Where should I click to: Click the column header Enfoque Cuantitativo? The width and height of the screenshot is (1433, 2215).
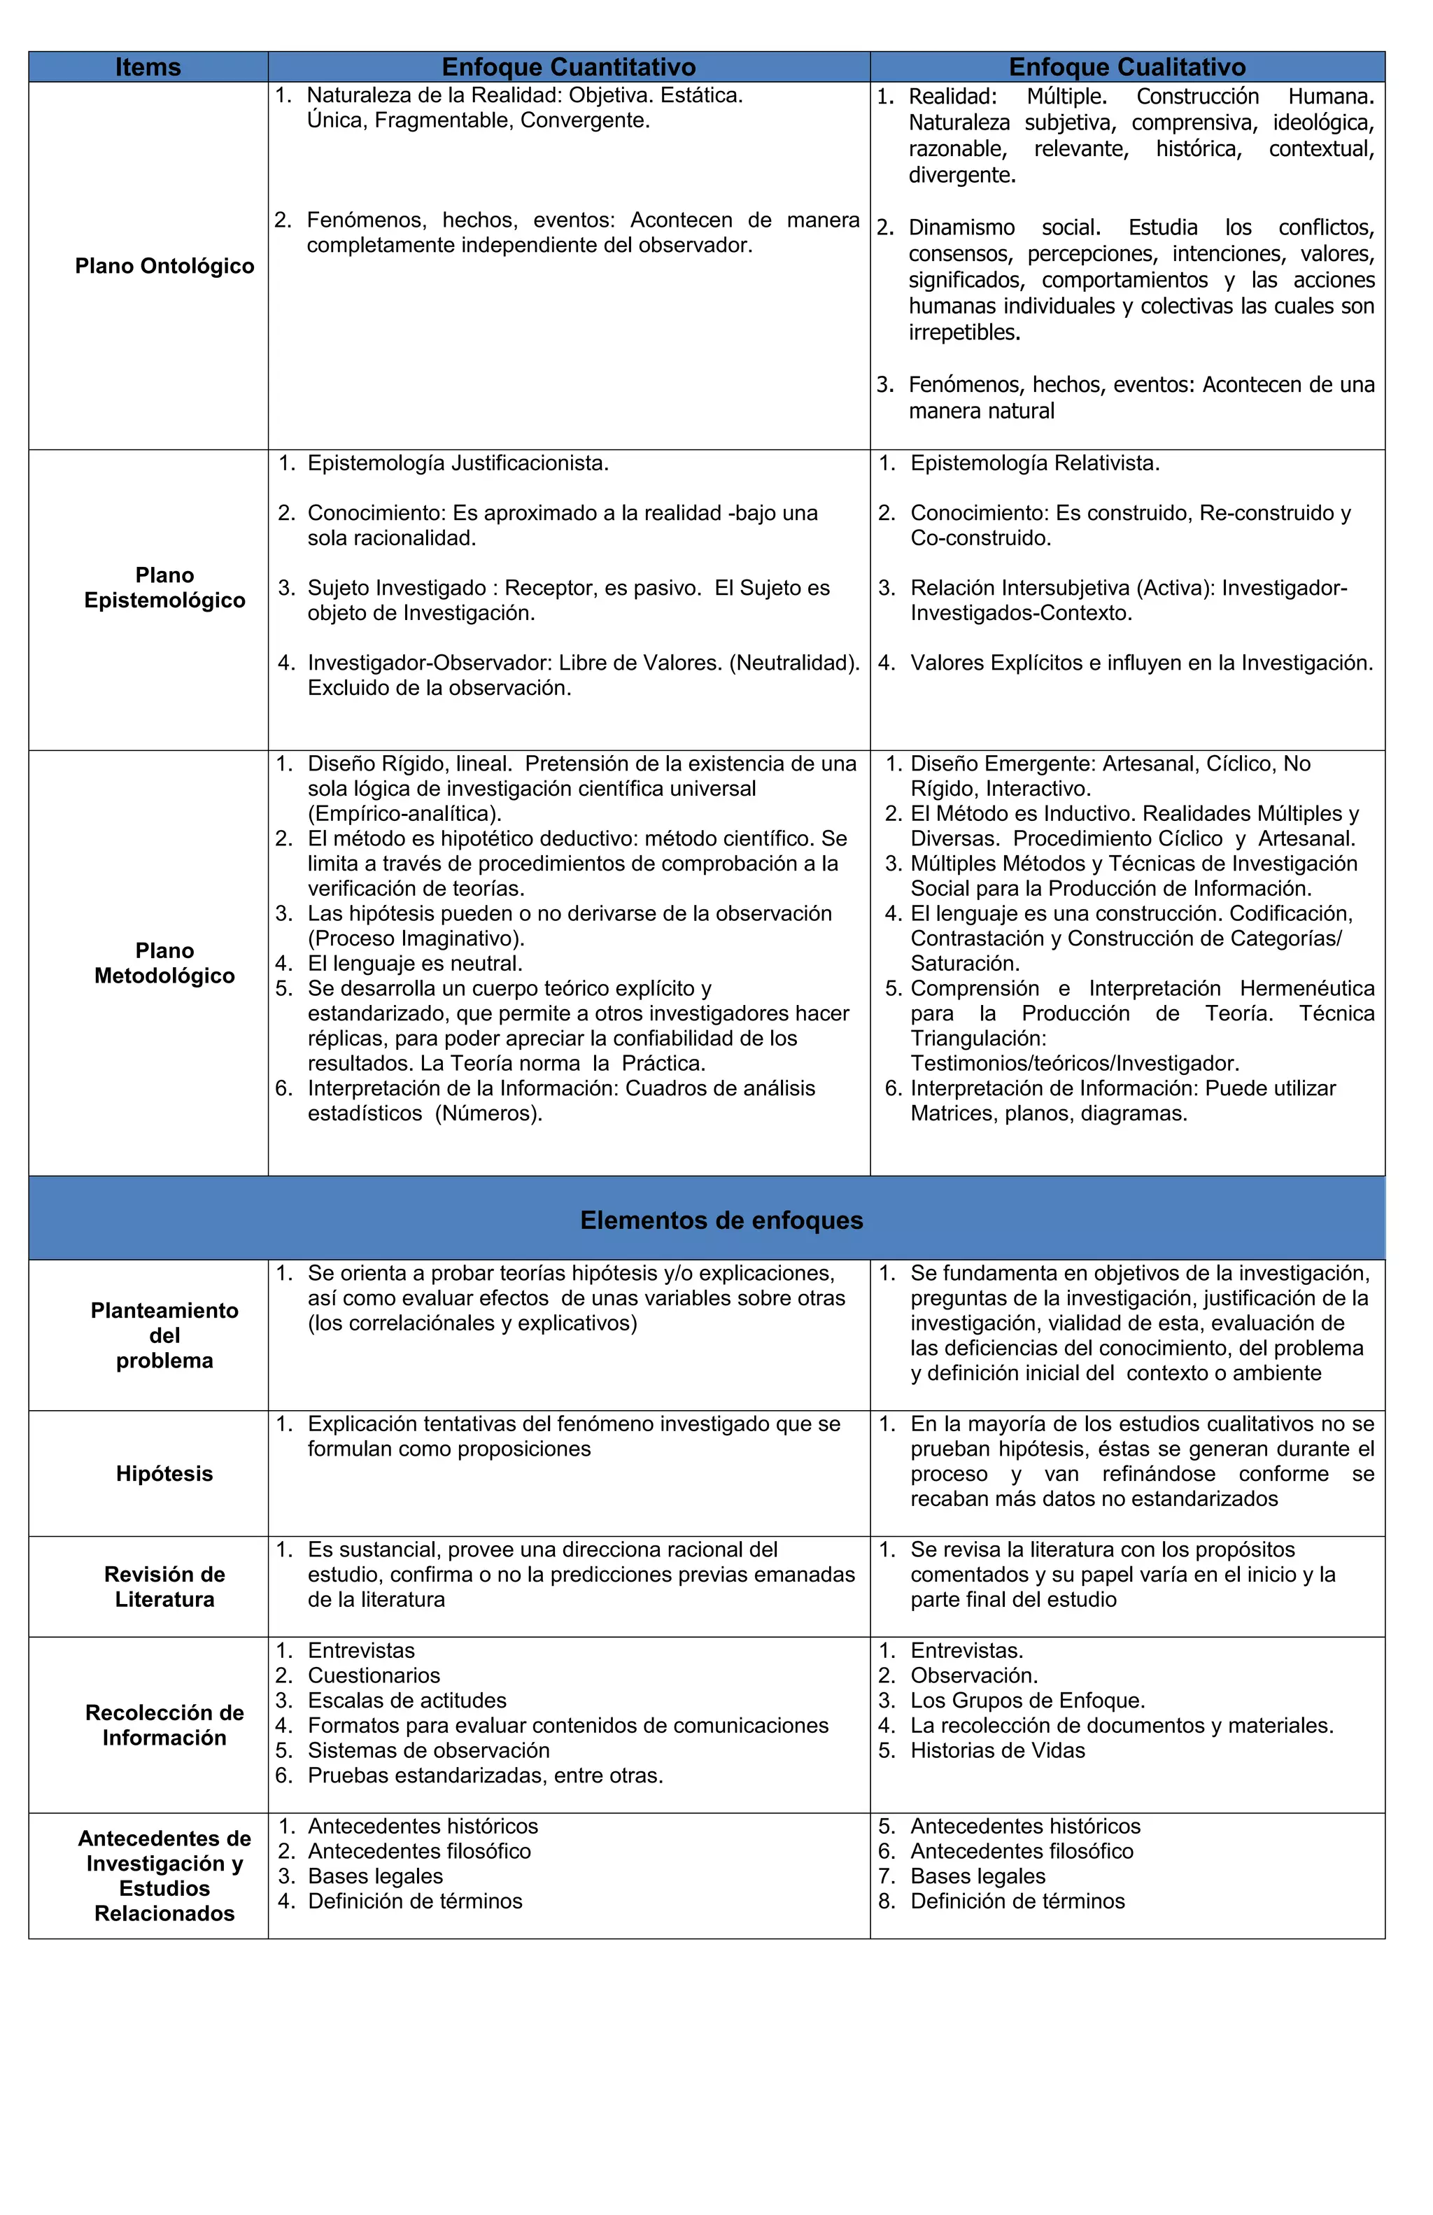click(x=569, y=67)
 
